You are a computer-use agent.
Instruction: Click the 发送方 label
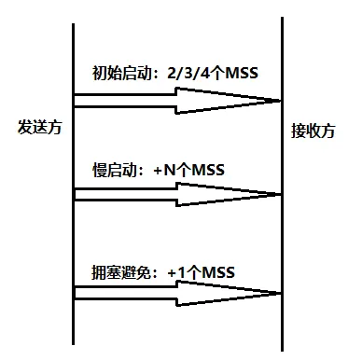click(40, 127)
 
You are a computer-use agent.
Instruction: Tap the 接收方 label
click(313, 131)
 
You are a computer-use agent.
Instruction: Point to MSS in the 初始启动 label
click(242, 73)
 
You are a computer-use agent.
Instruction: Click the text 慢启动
click(115, 170)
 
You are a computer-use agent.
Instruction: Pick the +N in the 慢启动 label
click(165, 170)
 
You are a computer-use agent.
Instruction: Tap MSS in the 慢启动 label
click(208, 170)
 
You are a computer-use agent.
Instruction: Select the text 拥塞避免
click(121, 272)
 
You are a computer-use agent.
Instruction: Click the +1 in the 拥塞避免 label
click(176, 272)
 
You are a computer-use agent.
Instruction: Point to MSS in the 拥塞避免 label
click(218, 272)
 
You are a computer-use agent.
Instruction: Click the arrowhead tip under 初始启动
click(280, 101)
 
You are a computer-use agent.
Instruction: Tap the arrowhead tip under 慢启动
click(280, 195)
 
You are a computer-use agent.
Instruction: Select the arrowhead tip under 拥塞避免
click(280, 293)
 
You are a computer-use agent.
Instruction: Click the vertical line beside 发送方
click(74, 184)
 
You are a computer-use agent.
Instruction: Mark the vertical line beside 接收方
click(282, 184)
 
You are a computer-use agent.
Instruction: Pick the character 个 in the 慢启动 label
click(184, 170)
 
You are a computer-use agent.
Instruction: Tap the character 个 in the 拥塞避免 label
click(194, 272)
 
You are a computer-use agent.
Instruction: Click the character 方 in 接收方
click(328, 131)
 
